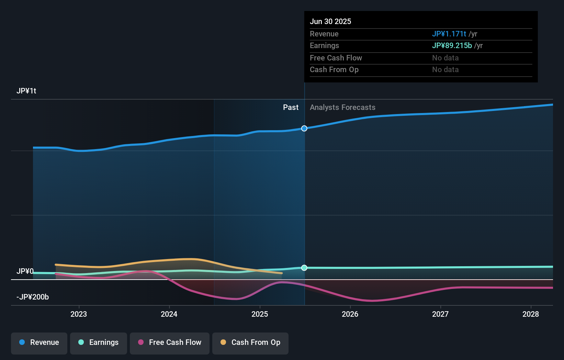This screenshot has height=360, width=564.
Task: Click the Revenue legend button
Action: tap(39, 342)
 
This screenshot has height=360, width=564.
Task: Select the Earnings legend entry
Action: tap(99, 342)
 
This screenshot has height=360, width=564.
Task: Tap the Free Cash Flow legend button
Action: tap(170, 342)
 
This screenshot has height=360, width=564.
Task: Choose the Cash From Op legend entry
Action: tap(250, 342)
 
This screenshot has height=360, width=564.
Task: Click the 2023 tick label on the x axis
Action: tap(79, 314)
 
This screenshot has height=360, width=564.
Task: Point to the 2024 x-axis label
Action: tap(169, 314)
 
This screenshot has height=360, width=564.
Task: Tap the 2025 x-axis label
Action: tap(260, 314)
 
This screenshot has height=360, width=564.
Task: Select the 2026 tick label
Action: tap(350, 314)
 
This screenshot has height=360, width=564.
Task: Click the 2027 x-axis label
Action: tap(440, 314)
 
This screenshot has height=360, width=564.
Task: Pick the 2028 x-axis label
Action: tap(531, 314)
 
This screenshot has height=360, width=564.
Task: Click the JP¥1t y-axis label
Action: tap(26, 91)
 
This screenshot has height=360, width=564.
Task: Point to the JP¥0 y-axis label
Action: tap(25, 271)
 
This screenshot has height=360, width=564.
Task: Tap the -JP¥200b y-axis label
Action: tap(33, 297)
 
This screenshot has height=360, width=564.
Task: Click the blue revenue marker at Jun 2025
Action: tap(304, 128)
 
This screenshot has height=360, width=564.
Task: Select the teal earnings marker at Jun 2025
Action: tap(304, 268)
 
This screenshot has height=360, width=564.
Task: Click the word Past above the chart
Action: tap(291, 108)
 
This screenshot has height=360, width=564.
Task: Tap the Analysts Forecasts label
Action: tap(342, 108)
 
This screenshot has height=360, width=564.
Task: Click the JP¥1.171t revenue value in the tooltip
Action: tap(449, 34)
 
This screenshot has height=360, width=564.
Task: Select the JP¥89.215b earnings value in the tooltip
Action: tap(452, 46)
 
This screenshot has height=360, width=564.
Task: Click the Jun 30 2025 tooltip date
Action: tap(330, 22)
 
